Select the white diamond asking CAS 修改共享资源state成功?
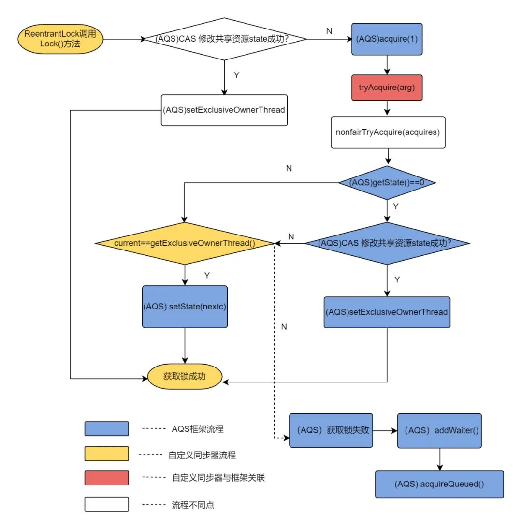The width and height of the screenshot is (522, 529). [224, 39]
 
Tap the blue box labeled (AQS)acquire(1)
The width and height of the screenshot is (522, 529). [386, 39]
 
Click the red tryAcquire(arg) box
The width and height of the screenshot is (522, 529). [386, 88]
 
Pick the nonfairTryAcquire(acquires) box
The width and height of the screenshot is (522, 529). [388, 132]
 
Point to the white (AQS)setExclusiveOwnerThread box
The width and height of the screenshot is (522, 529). [224, 110]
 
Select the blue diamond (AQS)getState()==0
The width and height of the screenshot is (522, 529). [387, 182]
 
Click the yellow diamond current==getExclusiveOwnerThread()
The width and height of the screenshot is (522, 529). [185, 243]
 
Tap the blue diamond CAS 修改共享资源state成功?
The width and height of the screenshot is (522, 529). [387, 243]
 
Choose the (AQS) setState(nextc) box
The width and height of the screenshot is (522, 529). [185, 307]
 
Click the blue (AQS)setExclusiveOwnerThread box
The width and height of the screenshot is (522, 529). [387, 312]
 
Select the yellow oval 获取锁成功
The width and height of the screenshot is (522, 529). [185, 375]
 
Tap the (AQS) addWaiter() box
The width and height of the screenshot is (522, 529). [439, 430]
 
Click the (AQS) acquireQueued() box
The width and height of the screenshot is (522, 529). [439, 484]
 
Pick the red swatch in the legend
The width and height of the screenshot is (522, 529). [106, 478]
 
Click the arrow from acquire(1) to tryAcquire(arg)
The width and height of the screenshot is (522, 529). [386, 64]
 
